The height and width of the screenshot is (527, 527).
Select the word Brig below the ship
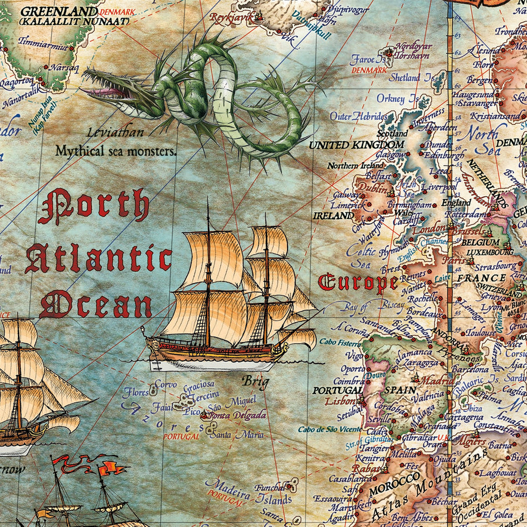[x=256, y=382]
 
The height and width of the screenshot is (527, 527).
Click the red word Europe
[x=358, y=283]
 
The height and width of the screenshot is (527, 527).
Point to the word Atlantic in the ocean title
[x=98, y=260]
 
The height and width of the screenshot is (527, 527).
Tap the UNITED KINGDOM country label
[x=357, y=145]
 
